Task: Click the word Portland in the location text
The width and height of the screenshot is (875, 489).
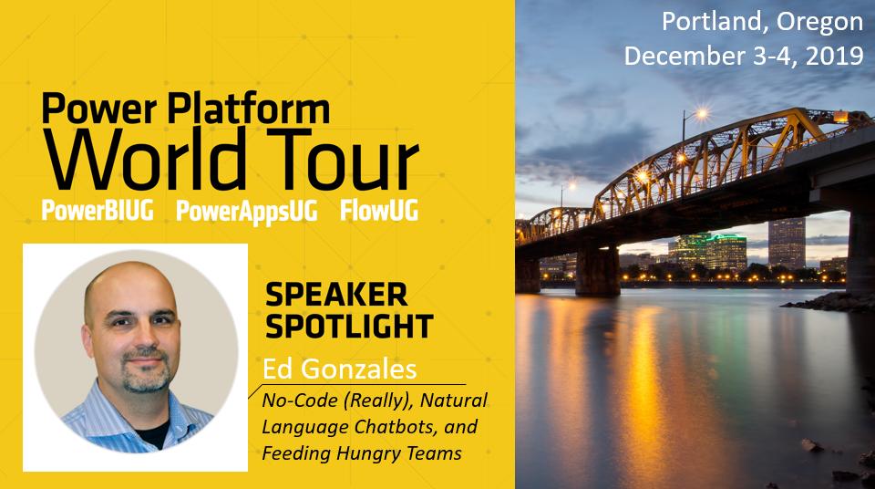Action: [703, 21]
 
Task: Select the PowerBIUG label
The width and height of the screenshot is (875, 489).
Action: [101, 211]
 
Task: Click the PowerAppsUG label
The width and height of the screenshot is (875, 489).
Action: [247, 211]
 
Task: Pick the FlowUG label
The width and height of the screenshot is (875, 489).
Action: [378, 211]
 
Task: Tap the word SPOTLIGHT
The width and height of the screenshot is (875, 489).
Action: [348, 324]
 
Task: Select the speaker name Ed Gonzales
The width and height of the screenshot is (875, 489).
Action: [339, 369]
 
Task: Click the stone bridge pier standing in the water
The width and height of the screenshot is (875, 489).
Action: [597, 271]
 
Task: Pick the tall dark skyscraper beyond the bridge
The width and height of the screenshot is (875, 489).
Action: [786, 242]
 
